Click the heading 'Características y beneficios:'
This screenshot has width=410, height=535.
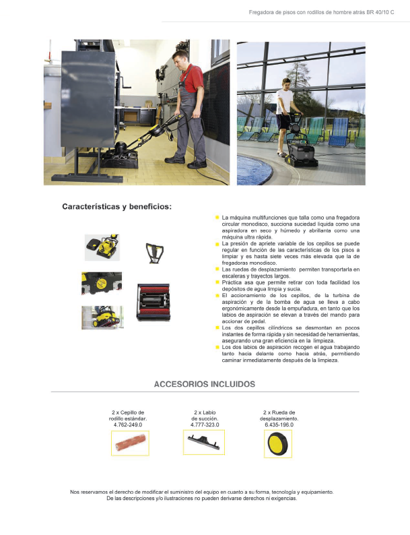[116, 206]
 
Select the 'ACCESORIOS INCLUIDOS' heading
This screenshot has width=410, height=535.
[205, 384]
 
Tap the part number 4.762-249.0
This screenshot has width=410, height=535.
[130, 424]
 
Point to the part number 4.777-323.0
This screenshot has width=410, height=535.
[204, 424]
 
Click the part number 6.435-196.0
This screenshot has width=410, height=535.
[279, 424]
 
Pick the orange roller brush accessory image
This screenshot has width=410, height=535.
[130, 443]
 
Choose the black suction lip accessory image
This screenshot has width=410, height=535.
[204, 443]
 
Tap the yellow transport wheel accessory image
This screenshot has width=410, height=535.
[278, 444]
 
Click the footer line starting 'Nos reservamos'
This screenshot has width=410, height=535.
[201, 492]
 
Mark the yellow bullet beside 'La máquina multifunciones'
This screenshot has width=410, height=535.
[217, 218]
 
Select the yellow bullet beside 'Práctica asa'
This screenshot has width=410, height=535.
[217, 282]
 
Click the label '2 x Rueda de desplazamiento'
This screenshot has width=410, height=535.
[279, 415]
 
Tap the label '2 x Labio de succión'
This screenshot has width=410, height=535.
[204, 415]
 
